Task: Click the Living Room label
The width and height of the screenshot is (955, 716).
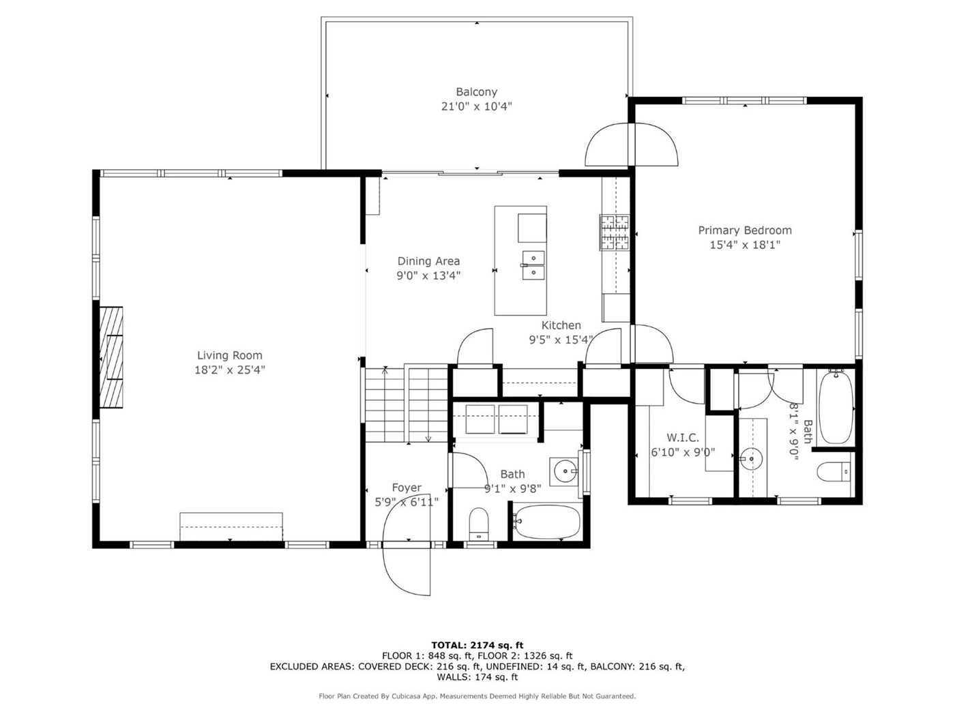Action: point(229,355)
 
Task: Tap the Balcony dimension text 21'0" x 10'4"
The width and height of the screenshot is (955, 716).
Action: point(476,106)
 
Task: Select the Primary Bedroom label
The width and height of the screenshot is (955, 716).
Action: point(744,230)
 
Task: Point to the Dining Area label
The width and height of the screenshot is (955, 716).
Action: point(428,261)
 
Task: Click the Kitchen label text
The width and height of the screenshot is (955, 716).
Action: point(561,325)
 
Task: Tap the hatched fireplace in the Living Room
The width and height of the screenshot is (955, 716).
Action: point(111,357)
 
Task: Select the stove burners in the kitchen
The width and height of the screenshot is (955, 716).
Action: point(615,233)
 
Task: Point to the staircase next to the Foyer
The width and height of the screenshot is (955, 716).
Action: point(407,404)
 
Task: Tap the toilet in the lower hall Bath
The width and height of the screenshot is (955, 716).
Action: point(479,524)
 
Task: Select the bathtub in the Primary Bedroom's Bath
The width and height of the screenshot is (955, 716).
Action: point(836,407)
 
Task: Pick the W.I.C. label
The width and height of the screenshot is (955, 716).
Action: point(683,437)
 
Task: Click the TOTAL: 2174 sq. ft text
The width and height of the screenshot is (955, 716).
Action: point(477,645)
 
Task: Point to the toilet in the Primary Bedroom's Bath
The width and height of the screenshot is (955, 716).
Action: point(833,472)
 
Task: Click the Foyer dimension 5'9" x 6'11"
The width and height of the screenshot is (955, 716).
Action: point(407,502)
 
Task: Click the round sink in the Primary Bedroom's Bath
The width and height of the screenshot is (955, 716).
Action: point(752,459)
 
